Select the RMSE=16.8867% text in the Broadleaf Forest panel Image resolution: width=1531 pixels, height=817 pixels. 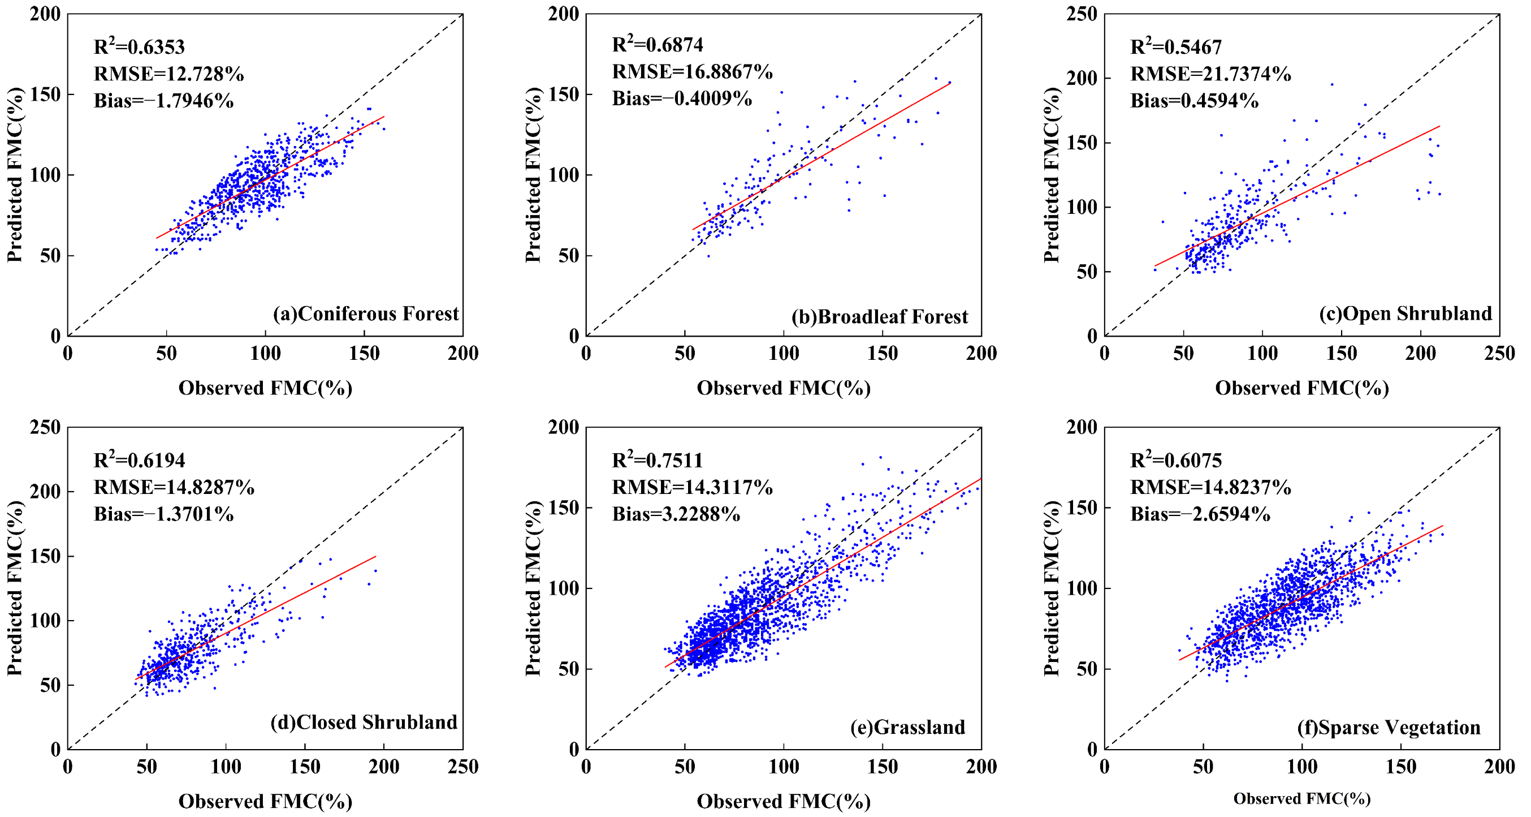[x=693, y=71]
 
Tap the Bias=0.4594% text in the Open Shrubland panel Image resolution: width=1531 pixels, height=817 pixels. [x=1194, y=101]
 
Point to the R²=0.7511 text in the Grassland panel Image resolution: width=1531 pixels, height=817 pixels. [x=658, y=459]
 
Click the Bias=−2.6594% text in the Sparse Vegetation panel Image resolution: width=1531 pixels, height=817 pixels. [x=1200, y=514]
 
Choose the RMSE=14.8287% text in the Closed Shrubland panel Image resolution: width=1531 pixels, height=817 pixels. [x=174, y=487]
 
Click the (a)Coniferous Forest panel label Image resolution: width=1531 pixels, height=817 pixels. [x=366, y=313]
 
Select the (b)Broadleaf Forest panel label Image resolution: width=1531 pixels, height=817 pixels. [x=880, y=316]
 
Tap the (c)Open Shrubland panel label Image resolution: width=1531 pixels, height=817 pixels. [x=1405, y=313]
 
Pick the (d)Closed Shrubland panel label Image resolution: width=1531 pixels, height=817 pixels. [x=364, y=722]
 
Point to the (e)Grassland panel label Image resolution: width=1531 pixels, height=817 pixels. [x=907, y=726]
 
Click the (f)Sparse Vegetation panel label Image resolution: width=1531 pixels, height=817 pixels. [x=1389, y=726]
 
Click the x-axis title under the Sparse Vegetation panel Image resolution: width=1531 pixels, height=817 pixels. [x=1302, y=798]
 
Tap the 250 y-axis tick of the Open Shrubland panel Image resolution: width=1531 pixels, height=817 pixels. [x=1082, y=14]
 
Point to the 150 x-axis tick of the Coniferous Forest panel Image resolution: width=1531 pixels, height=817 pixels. [x=364, y=353]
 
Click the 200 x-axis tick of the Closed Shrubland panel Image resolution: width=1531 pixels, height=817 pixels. [x=384, y=767]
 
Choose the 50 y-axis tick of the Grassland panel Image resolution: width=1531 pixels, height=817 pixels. [x=568, y=669]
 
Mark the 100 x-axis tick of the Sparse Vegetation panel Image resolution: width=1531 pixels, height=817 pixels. [x=1302, y=767]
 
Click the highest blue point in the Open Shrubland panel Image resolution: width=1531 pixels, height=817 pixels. [x=1332, y=84]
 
